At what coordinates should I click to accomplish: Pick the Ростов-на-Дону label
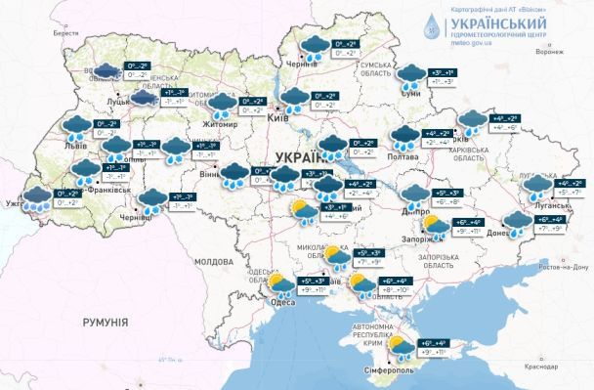click(564, 266)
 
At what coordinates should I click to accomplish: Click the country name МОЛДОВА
click(214, 262)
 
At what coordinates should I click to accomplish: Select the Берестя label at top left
click(66, 32)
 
